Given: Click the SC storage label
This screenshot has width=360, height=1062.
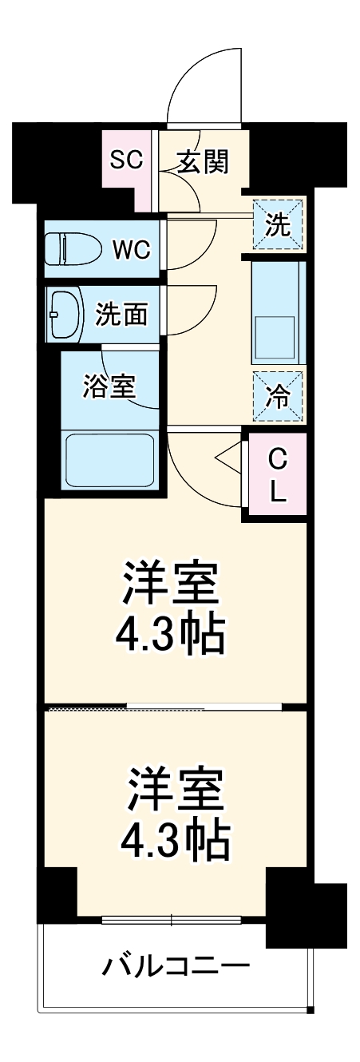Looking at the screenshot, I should click(x=126, y=160).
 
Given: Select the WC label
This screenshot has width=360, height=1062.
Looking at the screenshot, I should click(x=131, y=249).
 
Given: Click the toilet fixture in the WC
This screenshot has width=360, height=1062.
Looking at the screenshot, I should click(x=72, y=249).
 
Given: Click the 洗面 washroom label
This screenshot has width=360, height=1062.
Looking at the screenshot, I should click(x=121, y=314).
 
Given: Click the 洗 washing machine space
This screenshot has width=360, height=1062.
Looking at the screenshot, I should click(x=279, y=225).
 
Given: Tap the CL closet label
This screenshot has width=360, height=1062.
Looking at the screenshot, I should click(x=277, y=477).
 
